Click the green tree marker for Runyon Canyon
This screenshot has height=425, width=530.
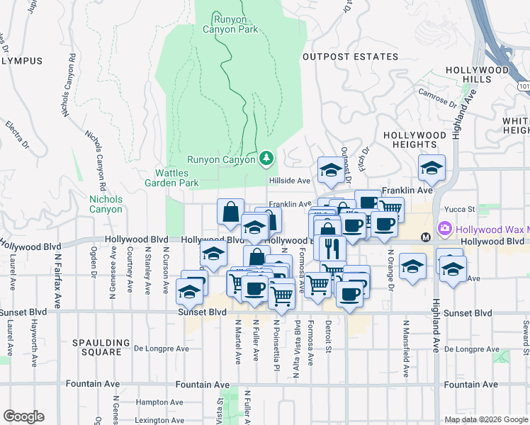[x=266, y=158]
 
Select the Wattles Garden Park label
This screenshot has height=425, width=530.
[x=177, y=177]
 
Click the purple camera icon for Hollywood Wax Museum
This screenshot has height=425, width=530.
[x=445, y=229]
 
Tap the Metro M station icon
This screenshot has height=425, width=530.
[x=426, y=237]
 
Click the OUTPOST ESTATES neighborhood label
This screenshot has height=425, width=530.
[x=350, y=57]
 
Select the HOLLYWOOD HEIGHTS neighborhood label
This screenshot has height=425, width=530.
[x=415, y=140]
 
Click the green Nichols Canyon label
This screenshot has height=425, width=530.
[x=106, y=204]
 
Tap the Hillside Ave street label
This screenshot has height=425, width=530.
[x=289, y=181]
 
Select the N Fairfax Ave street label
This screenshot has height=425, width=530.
[x=55, y=273]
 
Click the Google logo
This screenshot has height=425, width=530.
[x=24, y=416]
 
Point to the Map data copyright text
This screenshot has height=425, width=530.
[x=485, y=419]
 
